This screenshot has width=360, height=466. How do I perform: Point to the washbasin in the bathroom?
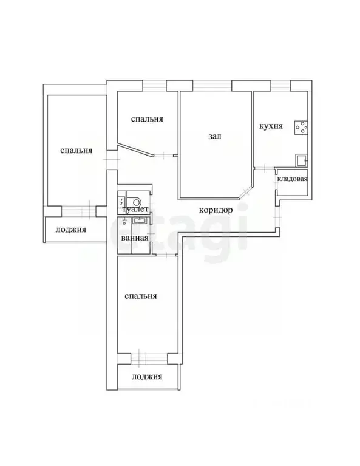(x=140, y=222)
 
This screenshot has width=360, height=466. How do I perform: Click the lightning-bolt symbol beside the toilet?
(x=122, y=201)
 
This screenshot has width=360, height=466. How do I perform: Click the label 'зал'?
(x=214, y=137)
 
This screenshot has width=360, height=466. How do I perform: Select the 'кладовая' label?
(x=292, y=179)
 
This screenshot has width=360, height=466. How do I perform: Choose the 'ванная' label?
(x=135, y=238)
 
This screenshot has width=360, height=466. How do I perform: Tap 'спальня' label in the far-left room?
(x=76, y=150)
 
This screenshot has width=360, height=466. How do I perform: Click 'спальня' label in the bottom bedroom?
(x=140, y=296)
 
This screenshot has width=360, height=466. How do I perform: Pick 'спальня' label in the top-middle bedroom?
(x=147, y=120)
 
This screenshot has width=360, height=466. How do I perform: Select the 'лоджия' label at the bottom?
(x=148, y=377)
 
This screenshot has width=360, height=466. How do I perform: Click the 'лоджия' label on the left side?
(x=70, y=230)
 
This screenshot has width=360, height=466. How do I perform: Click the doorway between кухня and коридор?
(x=262, y=168)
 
